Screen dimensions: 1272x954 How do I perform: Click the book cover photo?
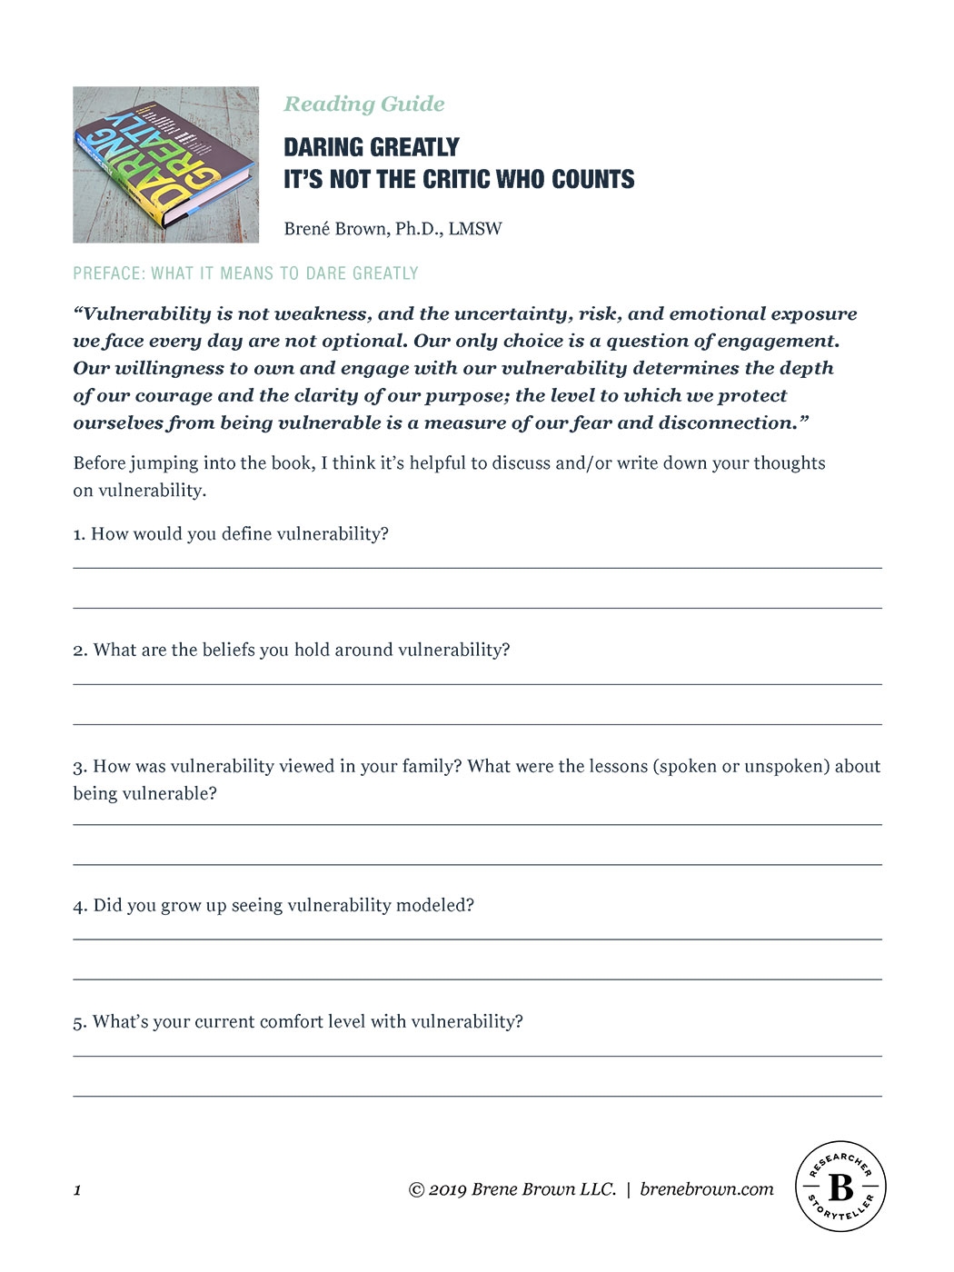pos(165,164)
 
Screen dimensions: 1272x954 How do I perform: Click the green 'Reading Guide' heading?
pos(364,104)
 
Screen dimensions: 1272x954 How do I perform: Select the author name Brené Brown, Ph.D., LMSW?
pos(393,229)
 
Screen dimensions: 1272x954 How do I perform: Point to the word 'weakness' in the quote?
pos(323,314)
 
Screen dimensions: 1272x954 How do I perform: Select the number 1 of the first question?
pos(77,534)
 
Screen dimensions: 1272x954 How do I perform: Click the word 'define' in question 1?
pos(246,534)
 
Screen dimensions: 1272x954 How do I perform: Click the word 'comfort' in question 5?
pos(290,1022)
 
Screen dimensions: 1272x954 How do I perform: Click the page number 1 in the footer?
pos(77,1190)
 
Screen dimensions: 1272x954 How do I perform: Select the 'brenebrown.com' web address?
pos(707,1189)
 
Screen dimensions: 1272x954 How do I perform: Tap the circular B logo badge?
pos(840,1187)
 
